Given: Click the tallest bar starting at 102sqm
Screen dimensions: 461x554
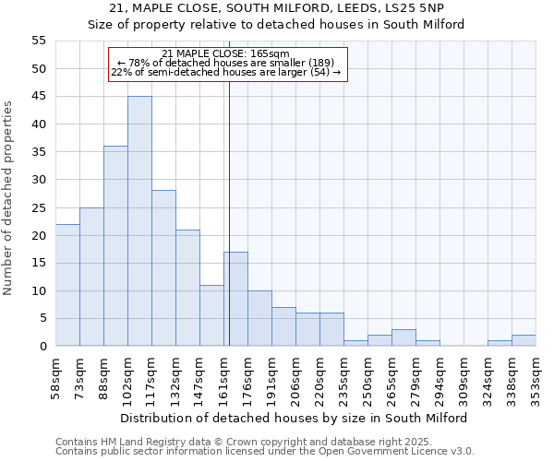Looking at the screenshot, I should (x=139, y=221).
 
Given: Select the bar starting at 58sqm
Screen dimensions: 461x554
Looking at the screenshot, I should (x=67, y=285).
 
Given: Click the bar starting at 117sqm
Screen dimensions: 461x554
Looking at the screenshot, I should (x=163, y=268).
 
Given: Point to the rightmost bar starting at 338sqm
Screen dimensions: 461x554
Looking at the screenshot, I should (x=524, y=340).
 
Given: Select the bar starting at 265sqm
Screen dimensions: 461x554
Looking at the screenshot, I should (x=403, y=337).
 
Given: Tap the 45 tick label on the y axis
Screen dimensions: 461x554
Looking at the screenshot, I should (x=39, y=97).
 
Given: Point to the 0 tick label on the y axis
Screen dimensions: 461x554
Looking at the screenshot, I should (x=42, y=347).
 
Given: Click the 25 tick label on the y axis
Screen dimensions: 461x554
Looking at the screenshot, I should (x=39, y=207).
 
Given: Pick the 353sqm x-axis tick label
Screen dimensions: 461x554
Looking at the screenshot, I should (x=536, y=375).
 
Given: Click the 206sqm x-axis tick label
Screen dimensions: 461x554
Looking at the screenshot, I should (x=296, y=375).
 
